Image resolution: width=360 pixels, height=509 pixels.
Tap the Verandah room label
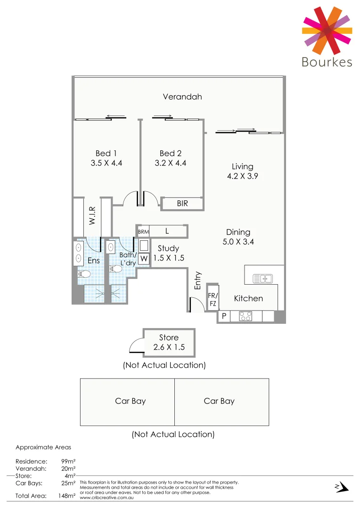pyautogui.click(x=182, y=97)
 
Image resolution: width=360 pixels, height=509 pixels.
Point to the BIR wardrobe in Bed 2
pyautogui.click(x=183, y=204)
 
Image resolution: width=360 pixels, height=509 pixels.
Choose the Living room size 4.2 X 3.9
pyautogui.click(x=242, y=176)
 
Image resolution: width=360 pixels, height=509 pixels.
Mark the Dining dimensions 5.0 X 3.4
pyautogui.click(x=238, y=242)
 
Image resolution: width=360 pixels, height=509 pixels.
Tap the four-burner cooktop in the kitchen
pyautogui.click(x=245, y=316)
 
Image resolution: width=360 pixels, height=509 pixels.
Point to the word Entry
pyautogui.click(x=198, y=280)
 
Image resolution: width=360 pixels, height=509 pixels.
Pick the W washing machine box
pyautogui.click(x=144, y=258)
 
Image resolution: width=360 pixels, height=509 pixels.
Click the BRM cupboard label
pyautogui.click(x=143, y=232)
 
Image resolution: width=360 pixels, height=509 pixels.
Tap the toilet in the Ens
pyautogui.click(x=85, y=274)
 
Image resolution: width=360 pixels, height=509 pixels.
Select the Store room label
pyautogui.click(x=169, y=337)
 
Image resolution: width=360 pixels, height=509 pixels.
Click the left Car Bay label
pyautogui.click(x=131, y=401)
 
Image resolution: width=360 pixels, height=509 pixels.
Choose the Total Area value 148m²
pyautogui.click(x=66, y=495)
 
